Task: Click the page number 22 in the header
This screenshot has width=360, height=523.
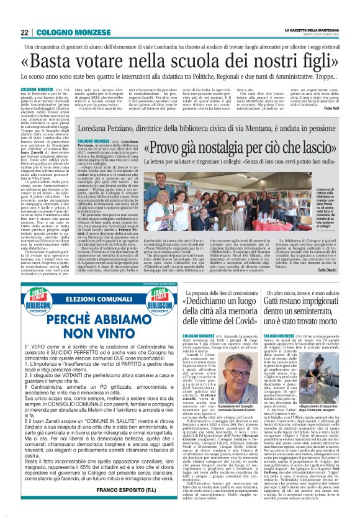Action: tap(25, 33)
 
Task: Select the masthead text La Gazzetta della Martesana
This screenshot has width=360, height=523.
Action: tap(310, 30)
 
